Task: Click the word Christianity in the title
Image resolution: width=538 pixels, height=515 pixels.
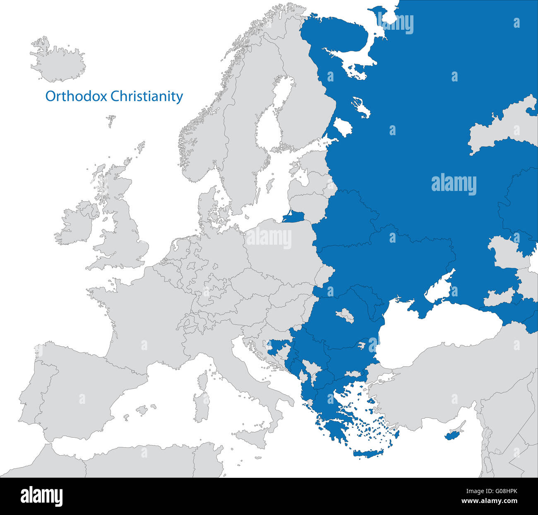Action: click(147, 96)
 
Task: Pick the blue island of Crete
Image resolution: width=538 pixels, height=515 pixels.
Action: click(368, 453)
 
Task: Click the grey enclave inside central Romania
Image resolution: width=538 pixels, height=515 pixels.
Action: click(345, 316)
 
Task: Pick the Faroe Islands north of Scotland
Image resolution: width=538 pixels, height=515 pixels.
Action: click(111, 121)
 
